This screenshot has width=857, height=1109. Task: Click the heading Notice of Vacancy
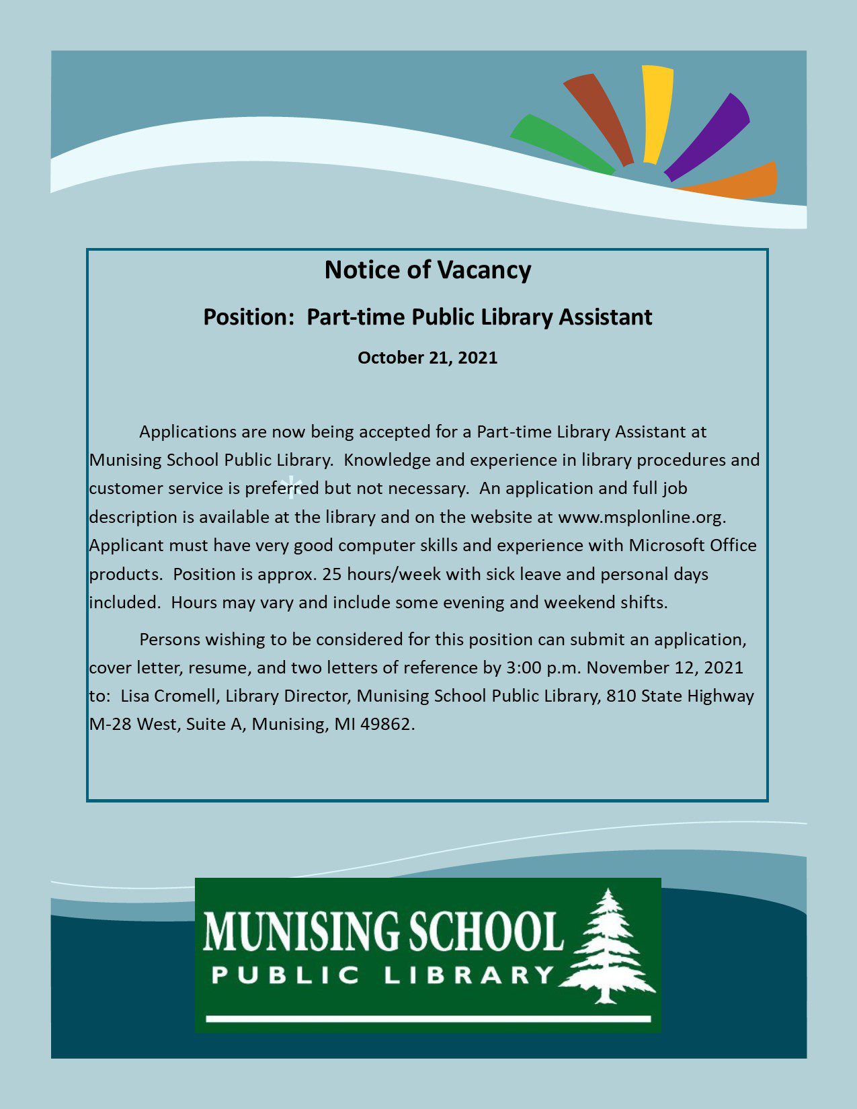427,270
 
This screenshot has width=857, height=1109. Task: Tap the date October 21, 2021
427,357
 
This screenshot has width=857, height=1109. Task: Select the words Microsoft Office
692,545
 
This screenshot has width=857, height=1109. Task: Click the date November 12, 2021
665,667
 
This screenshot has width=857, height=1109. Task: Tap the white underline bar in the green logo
428,1019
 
